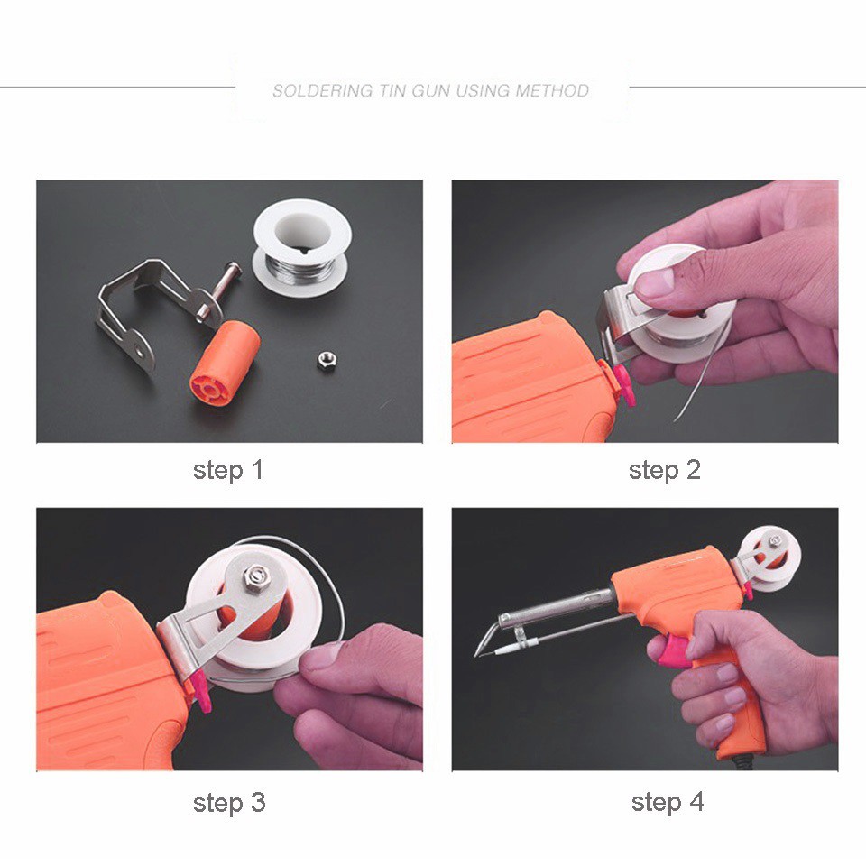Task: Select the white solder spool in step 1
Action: pos(301,240)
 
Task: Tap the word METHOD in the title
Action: pos(552,90)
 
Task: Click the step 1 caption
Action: pos(227,470)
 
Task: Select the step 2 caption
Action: pos(665,470)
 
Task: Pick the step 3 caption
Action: pos(229,802)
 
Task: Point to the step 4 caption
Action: pos(668,802)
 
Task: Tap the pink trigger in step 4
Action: pos(677,649)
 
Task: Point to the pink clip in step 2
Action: pos(622,382)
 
